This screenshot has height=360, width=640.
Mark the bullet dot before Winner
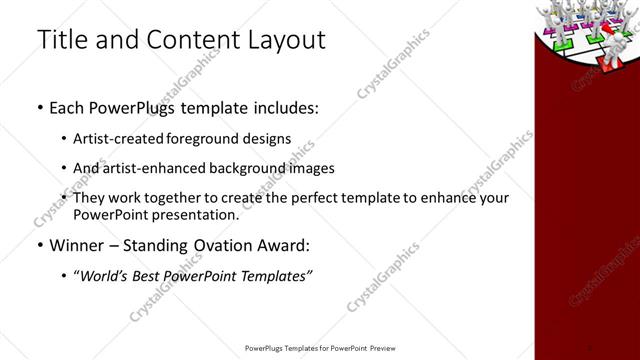pos(39,245)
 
